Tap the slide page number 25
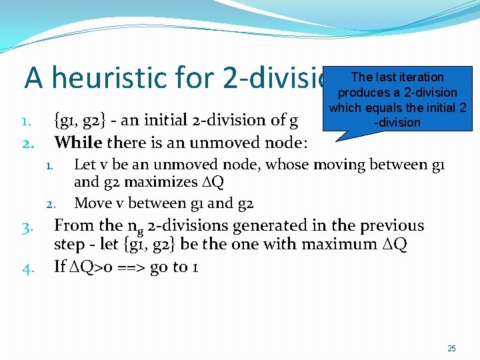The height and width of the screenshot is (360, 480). click(x=451, y=349)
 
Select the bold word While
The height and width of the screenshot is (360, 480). click(x=77, y=142)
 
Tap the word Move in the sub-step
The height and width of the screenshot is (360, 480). click(x=93, y=203)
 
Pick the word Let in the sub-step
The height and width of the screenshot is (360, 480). click(x=85, y=165)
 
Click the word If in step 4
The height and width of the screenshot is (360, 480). click(x=60, y=267)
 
